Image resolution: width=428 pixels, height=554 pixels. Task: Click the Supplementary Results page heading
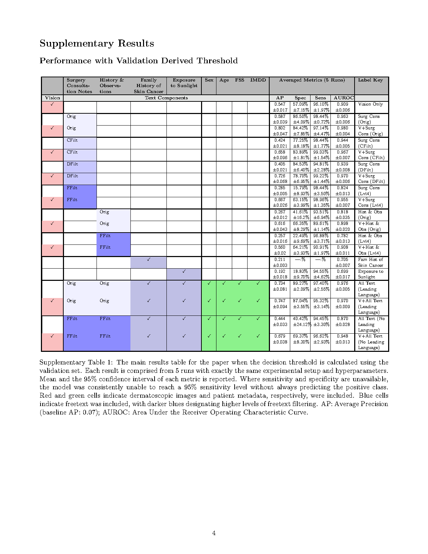pos(97,43)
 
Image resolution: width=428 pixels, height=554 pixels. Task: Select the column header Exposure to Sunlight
pos(184,83)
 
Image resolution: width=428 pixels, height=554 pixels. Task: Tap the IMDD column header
pos(258,80)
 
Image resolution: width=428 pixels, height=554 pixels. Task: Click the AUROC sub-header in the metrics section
pos(343,98)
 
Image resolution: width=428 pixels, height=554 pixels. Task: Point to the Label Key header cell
pos(370,80)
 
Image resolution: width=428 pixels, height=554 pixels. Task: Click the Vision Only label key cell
pos(370,104)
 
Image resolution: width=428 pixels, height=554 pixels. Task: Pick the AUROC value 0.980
pos(342,128)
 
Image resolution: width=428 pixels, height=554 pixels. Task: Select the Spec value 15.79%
pos(300,188)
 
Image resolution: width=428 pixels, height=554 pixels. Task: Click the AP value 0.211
pos(280,260)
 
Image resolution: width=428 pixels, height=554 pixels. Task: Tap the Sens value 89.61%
pos(321,223)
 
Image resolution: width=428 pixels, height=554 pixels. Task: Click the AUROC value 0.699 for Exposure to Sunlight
pos(342,271)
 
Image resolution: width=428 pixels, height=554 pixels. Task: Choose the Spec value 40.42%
pos(300,319)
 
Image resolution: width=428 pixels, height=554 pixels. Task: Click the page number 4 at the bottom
pos(214,533)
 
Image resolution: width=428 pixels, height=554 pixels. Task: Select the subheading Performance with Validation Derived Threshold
pos(138,61)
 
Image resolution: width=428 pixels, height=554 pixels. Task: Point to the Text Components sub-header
pos(166,98)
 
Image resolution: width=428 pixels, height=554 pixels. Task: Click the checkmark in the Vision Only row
pos(52,104)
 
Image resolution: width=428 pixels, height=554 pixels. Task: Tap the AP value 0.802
pos(280,128)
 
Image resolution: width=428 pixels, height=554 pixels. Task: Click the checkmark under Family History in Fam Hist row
pos(149,260)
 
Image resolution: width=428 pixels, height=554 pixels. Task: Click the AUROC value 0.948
pos(342,336)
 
